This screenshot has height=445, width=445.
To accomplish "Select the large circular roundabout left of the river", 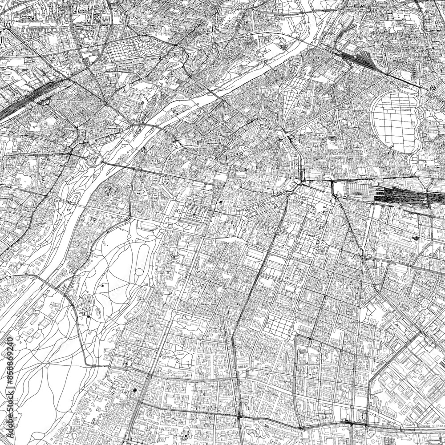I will [x=94, y=158].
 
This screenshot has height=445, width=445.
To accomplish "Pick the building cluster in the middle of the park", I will [x=87, y=305].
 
